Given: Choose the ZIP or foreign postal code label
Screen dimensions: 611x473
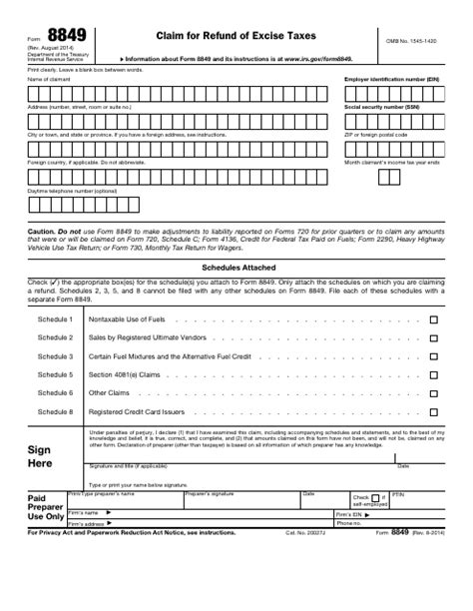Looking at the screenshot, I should coord(376,134).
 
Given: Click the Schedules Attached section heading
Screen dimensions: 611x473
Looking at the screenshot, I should coord(236,269).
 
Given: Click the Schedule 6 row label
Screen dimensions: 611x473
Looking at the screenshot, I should coord(55,392).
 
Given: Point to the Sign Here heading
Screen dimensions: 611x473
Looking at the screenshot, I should coord(39,457).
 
